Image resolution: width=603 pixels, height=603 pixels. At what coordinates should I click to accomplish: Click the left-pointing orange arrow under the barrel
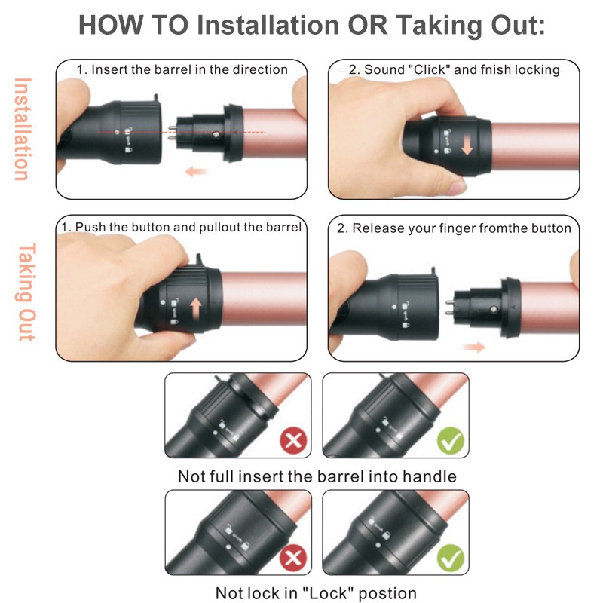tap(197, 172)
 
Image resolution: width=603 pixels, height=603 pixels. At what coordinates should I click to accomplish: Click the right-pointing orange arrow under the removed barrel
tap(474, 346)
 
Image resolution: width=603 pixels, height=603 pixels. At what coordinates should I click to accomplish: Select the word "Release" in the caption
tap(380, 228)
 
